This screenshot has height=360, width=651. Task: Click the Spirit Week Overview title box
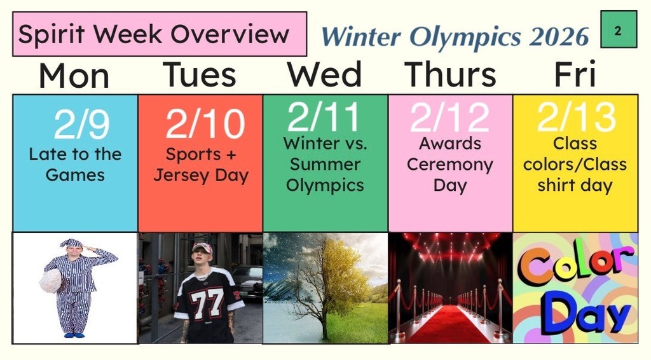click(x=159, y=34)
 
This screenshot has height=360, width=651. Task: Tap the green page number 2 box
click(x=618, y=30)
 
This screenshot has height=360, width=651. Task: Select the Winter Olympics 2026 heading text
click(x=455, y=37)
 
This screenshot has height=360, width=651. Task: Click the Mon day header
click(x=74, y=76)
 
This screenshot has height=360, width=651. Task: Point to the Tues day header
click(x=200, y=74)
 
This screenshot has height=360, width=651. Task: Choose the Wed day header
click(x=324, y=74)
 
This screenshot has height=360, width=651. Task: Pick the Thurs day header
click(x=450, y=74)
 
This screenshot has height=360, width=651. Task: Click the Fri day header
click(x=575, y=74)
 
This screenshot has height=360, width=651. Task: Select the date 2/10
click(x=205, y=124)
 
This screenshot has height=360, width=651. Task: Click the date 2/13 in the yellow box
click(x=576, y=118)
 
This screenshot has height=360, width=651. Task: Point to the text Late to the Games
click(x=75, y=164)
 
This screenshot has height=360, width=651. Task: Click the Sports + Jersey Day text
click(x=201, y=165)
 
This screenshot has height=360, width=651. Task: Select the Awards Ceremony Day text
click(x=450, y=165)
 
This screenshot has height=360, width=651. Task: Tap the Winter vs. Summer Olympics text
click(x=325, y=165)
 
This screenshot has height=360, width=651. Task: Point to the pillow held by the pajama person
click(x=51, y=280)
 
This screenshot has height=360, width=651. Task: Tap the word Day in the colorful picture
click(x=575, y=315)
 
